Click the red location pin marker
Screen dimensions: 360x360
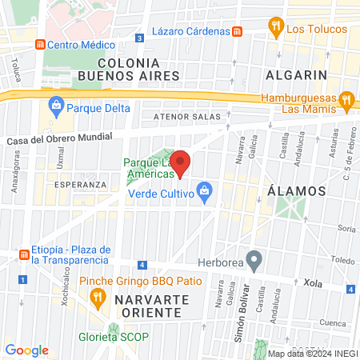(x=181, y=162)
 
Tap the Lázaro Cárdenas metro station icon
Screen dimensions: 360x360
(x=237, y=31)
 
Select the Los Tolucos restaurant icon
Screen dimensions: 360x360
(x=276, y=26)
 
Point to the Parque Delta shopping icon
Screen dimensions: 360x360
(x=56, y=104)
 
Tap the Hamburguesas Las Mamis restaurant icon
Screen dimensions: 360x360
(x=346, y=101)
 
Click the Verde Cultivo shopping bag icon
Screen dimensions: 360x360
(x=206, y=190)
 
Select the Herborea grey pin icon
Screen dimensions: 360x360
(x=254, y=259)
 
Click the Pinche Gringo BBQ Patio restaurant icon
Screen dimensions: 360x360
(x=98, y=298)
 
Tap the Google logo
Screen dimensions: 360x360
(x=26, y=350)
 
